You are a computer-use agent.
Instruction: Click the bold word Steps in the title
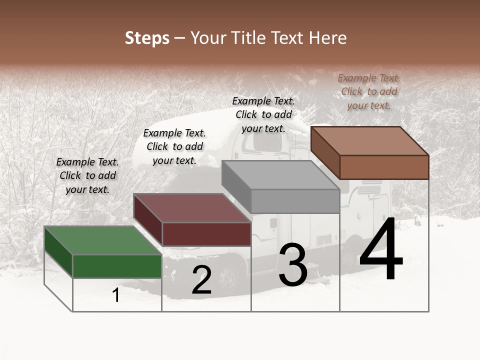[147, 38]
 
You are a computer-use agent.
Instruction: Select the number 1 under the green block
[116, 295]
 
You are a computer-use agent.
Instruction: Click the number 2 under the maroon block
[201, 280]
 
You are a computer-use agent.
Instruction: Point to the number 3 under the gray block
[293, 265]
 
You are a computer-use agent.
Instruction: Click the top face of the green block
[102, 240]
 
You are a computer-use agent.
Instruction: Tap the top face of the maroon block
[192, 208]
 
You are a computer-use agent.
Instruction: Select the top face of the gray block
[280, 175]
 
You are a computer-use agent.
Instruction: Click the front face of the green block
[117, 266]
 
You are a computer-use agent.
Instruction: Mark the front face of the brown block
[384, 167]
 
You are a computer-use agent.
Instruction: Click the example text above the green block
[87, 175]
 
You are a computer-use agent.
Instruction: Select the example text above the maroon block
[174, 146]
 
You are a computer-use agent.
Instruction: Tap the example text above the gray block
[263, 114]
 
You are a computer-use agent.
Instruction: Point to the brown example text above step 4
[369, 91]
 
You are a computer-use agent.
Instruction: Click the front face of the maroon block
[206, 234]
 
